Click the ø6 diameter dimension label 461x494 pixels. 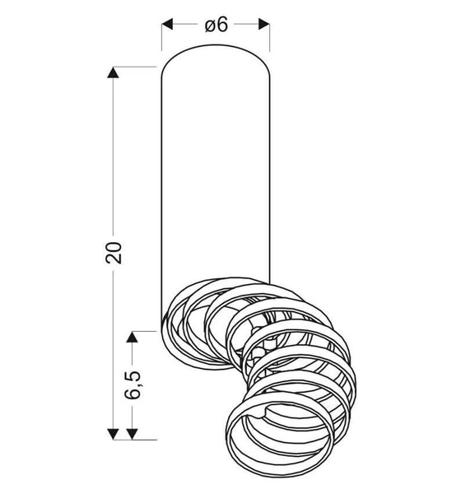tap(215, 25)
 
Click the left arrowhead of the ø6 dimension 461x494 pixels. tap(166, 25)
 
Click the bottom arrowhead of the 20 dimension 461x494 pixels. tap(114, 432)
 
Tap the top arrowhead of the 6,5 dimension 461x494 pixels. tap(132, 335)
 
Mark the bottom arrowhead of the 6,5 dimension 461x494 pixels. tap(132, 432)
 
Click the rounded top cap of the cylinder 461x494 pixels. tap(215, 56)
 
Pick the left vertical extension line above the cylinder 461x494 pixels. tap(161, 37)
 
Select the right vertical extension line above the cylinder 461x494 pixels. tap(269, 37)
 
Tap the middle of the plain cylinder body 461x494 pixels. tap(215, 181)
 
